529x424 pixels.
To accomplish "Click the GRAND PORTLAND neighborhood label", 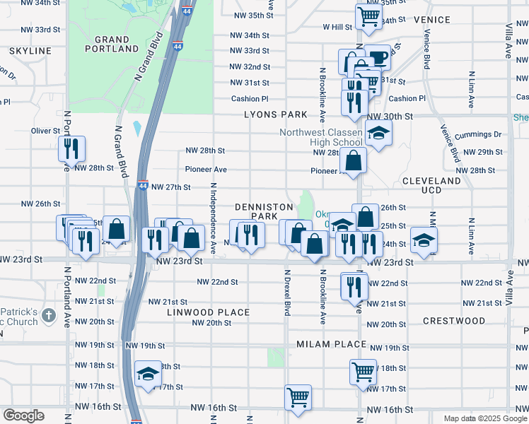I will (x=112, y=44).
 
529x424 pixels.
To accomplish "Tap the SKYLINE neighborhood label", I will (x=30, y=51).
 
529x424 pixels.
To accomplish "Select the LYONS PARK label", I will (x=276, y=114).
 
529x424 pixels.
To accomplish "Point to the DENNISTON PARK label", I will (x=264, y=211).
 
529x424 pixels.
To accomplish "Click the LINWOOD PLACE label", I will (x=208, y=312).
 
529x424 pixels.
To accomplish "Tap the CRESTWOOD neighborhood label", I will (x=454, y=321).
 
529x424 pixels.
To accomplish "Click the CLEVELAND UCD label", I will (x=431, y=186).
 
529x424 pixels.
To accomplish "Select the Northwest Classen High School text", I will (x=321, y=138).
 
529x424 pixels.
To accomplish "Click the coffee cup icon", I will (x=378, y=57).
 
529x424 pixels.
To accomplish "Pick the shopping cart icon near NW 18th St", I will (x=363, y=370).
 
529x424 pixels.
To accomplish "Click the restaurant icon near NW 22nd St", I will (x=354, y=285).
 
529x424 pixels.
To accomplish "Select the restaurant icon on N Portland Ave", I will (x=72, y=148).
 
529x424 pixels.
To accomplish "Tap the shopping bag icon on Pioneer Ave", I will (x=353, y=160).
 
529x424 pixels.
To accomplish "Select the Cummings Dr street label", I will (x=477, y=134).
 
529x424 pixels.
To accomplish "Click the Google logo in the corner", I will (x=23, y=416).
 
